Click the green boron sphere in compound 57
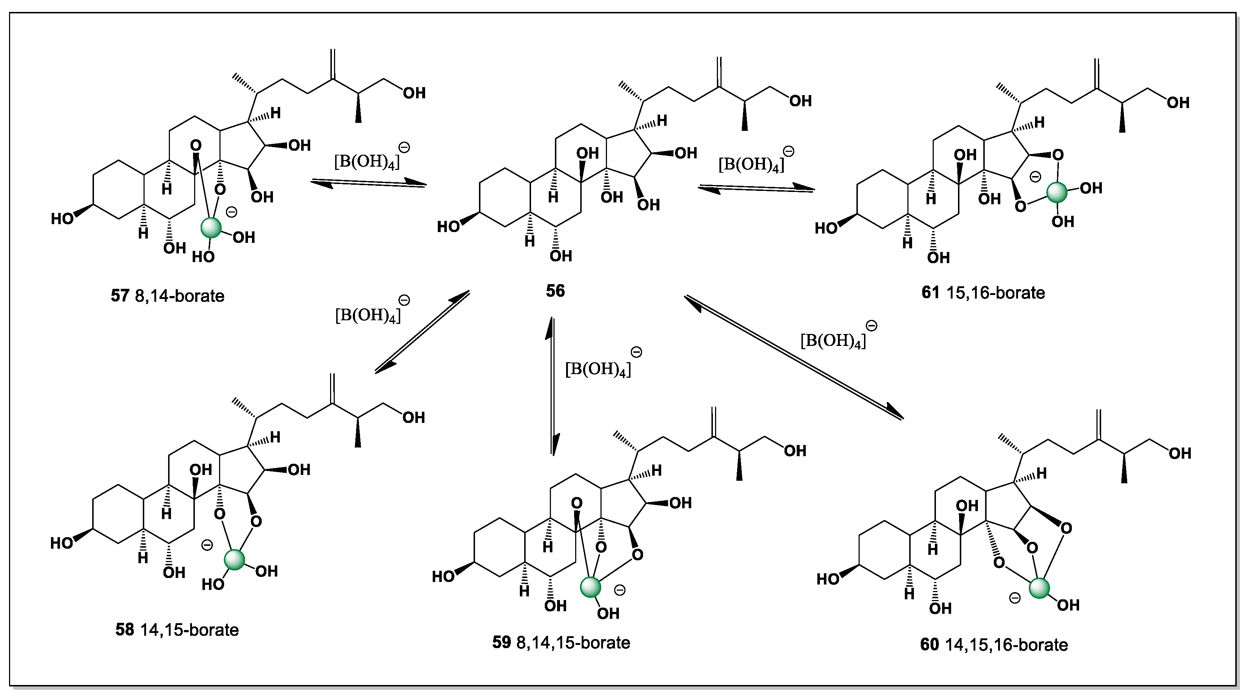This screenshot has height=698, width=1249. pos(211,227)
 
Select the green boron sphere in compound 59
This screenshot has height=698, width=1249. pos(591,587)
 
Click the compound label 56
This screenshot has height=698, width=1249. pos(555,291)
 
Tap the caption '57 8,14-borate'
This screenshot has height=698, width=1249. pos(168,296)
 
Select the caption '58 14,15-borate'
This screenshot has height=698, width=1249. pos(177,630)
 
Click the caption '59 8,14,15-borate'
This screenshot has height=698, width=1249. pos(561,642)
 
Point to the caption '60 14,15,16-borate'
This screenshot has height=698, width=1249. pos(994,645)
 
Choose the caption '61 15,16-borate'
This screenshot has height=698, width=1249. pos(983,293)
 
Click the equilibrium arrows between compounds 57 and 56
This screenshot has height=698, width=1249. pos(368,183)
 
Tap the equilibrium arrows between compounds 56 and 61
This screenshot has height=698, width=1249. pos(756,188)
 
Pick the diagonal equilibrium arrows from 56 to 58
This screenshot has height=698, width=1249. pos(422,332)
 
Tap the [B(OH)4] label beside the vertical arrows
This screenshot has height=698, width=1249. pos(598,369)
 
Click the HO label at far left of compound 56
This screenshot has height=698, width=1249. pos(448,226)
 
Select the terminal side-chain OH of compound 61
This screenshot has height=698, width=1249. pos(1178,103)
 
